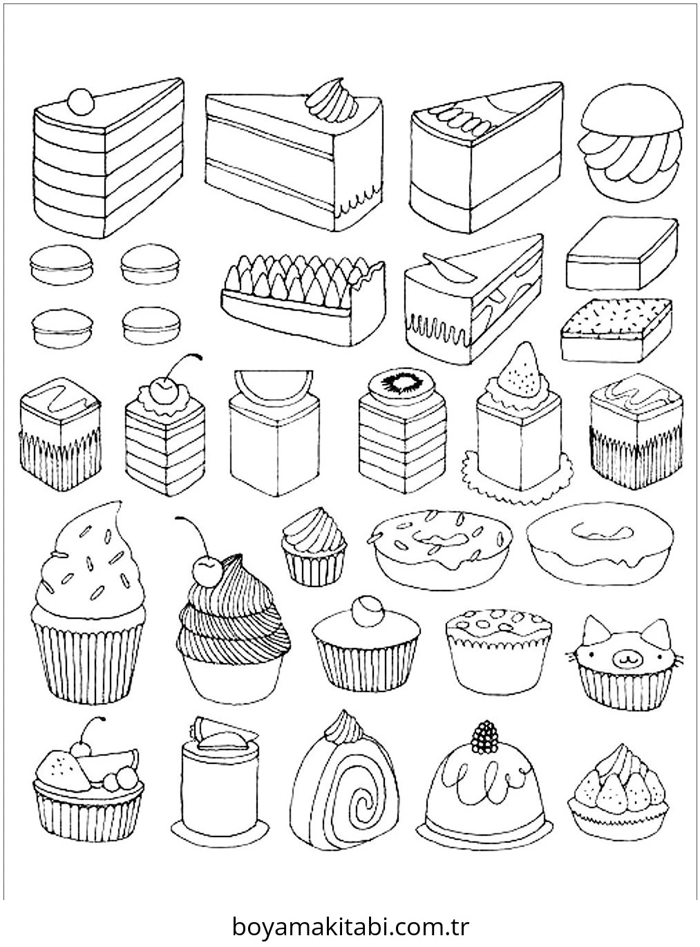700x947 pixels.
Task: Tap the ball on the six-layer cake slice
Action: coord(81,102)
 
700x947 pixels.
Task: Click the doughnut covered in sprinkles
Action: coord(439,550)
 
